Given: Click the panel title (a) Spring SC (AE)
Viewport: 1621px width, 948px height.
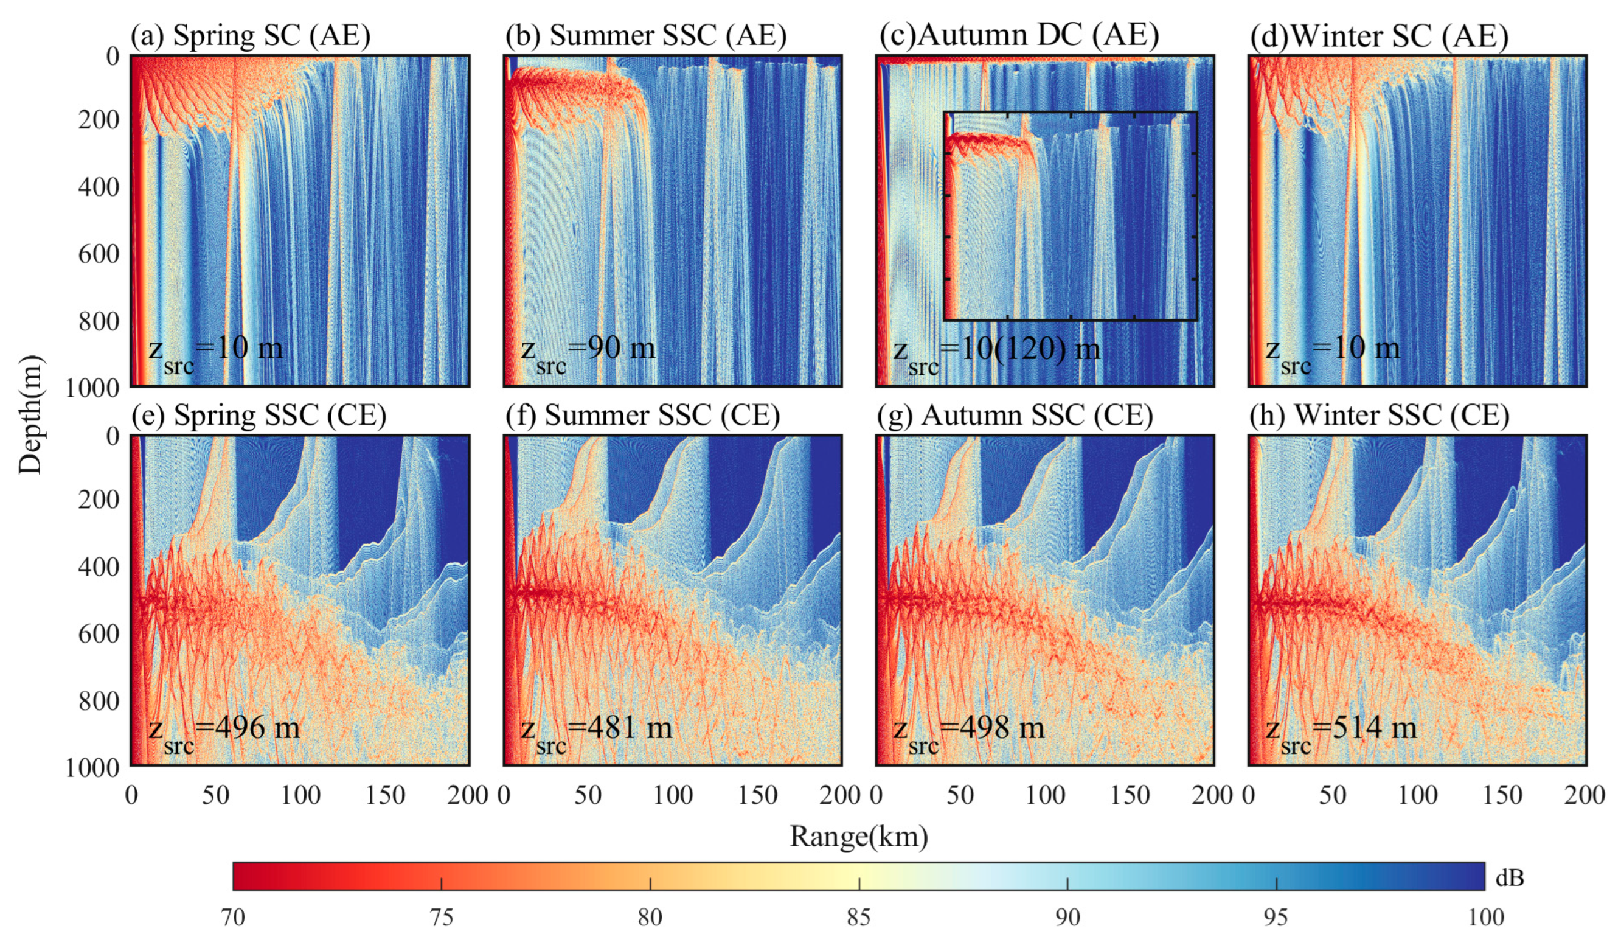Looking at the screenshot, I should point(250,35).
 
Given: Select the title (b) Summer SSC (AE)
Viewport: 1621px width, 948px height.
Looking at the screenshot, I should point(645,35).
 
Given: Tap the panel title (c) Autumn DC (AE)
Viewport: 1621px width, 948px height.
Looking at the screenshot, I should point(1018,35).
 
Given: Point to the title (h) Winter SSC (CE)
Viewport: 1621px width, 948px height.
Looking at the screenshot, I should point(1378,415).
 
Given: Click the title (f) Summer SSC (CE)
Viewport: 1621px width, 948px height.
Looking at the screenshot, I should point(642,415).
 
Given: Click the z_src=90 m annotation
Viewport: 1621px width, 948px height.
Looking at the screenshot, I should point(588,352).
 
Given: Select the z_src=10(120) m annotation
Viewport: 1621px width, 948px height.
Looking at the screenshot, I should point(996,352).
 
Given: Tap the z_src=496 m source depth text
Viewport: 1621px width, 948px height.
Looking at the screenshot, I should point(224,732).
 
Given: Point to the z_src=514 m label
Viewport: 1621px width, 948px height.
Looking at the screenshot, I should point(1341,732).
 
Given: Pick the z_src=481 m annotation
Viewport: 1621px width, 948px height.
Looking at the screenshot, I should point(596,732).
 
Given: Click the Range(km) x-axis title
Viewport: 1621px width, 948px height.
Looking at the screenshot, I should point(859,837).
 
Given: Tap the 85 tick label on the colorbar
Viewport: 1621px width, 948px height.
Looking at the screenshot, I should point(858,917).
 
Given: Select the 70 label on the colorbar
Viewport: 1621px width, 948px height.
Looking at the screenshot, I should point(233,917).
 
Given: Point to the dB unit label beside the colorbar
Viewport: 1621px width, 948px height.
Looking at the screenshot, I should point(1509,878).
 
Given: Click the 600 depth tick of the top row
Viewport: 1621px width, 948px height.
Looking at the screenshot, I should point(99,254).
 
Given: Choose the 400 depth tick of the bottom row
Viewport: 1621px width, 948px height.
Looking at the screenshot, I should point(99,567).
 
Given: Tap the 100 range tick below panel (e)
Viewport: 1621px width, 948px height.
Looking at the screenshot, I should point(300,795).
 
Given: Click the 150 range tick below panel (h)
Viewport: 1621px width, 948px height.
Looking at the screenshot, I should point(1502,795).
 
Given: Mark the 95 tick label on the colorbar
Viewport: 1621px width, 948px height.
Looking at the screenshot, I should point(1276,917).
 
